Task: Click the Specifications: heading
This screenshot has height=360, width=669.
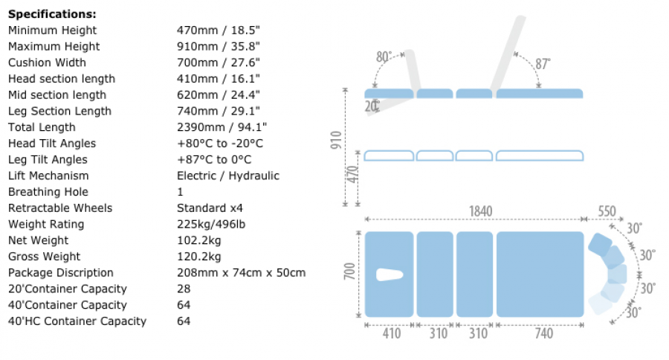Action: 52,13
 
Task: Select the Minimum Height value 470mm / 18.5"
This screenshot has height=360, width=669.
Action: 219,30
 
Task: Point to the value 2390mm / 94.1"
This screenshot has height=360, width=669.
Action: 222,127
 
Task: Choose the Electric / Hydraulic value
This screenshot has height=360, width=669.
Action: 228,176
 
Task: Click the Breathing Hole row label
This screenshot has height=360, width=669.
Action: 48,192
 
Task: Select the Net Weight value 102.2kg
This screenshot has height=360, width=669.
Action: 198,240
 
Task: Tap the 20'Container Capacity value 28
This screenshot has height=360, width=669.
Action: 184,289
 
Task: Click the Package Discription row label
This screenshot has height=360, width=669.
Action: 61,272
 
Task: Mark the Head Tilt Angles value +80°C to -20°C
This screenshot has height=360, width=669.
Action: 220,144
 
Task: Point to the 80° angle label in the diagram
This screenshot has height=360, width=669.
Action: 384,57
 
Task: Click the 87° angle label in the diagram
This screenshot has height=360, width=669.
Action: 543,64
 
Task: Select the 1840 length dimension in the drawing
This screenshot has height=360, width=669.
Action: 479,212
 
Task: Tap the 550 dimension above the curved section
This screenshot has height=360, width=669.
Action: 607,212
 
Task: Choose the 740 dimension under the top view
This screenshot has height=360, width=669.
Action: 543,334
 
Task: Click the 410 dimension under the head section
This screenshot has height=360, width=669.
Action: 391,334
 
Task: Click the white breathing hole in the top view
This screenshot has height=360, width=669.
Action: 390,274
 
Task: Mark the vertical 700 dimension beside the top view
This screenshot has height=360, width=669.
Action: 350,274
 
